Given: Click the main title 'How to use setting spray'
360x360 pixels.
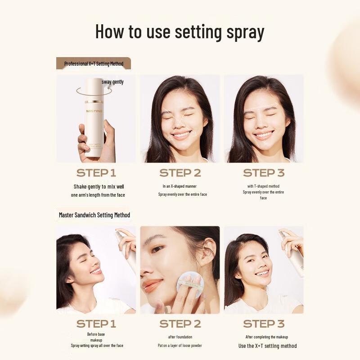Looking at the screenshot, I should click(x=180, y=32).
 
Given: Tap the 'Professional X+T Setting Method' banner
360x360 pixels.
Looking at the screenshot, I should click(x=94, y=63).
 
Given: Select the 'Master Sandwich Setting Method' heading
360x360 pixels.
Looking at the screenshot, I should click(x=94, y=215).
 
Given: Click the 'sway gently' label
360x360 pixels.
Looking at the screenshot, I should click(x=112, y=82).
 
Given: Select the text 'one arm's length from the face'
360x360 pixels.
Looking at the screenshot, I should click(x=98, y=195).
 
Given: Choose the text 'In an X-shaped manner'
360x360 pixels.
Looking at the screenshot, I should click(x=180, y=186).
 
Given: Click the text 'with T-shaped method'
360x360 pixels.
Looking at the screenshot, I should click(x=263, y=186).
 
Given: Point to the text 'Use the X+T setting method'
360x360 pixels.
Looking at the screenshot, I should click(x=267, y=346).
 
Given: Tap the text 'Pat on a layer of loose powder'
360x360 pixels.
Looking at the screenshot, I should click(x=180, y=346).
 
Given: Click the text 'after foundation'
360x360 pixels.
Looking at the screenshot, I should click(x=180, y=337).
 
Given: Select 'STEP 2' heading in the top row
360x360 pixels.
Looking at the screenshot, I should click(x=180, y=173).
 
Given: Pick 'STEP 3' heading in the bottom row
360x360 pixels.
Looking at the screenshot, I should click(x=264, y=324).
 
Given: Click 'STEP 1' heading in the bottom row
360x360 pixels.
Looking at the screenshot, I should click(x=96, y=324).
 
